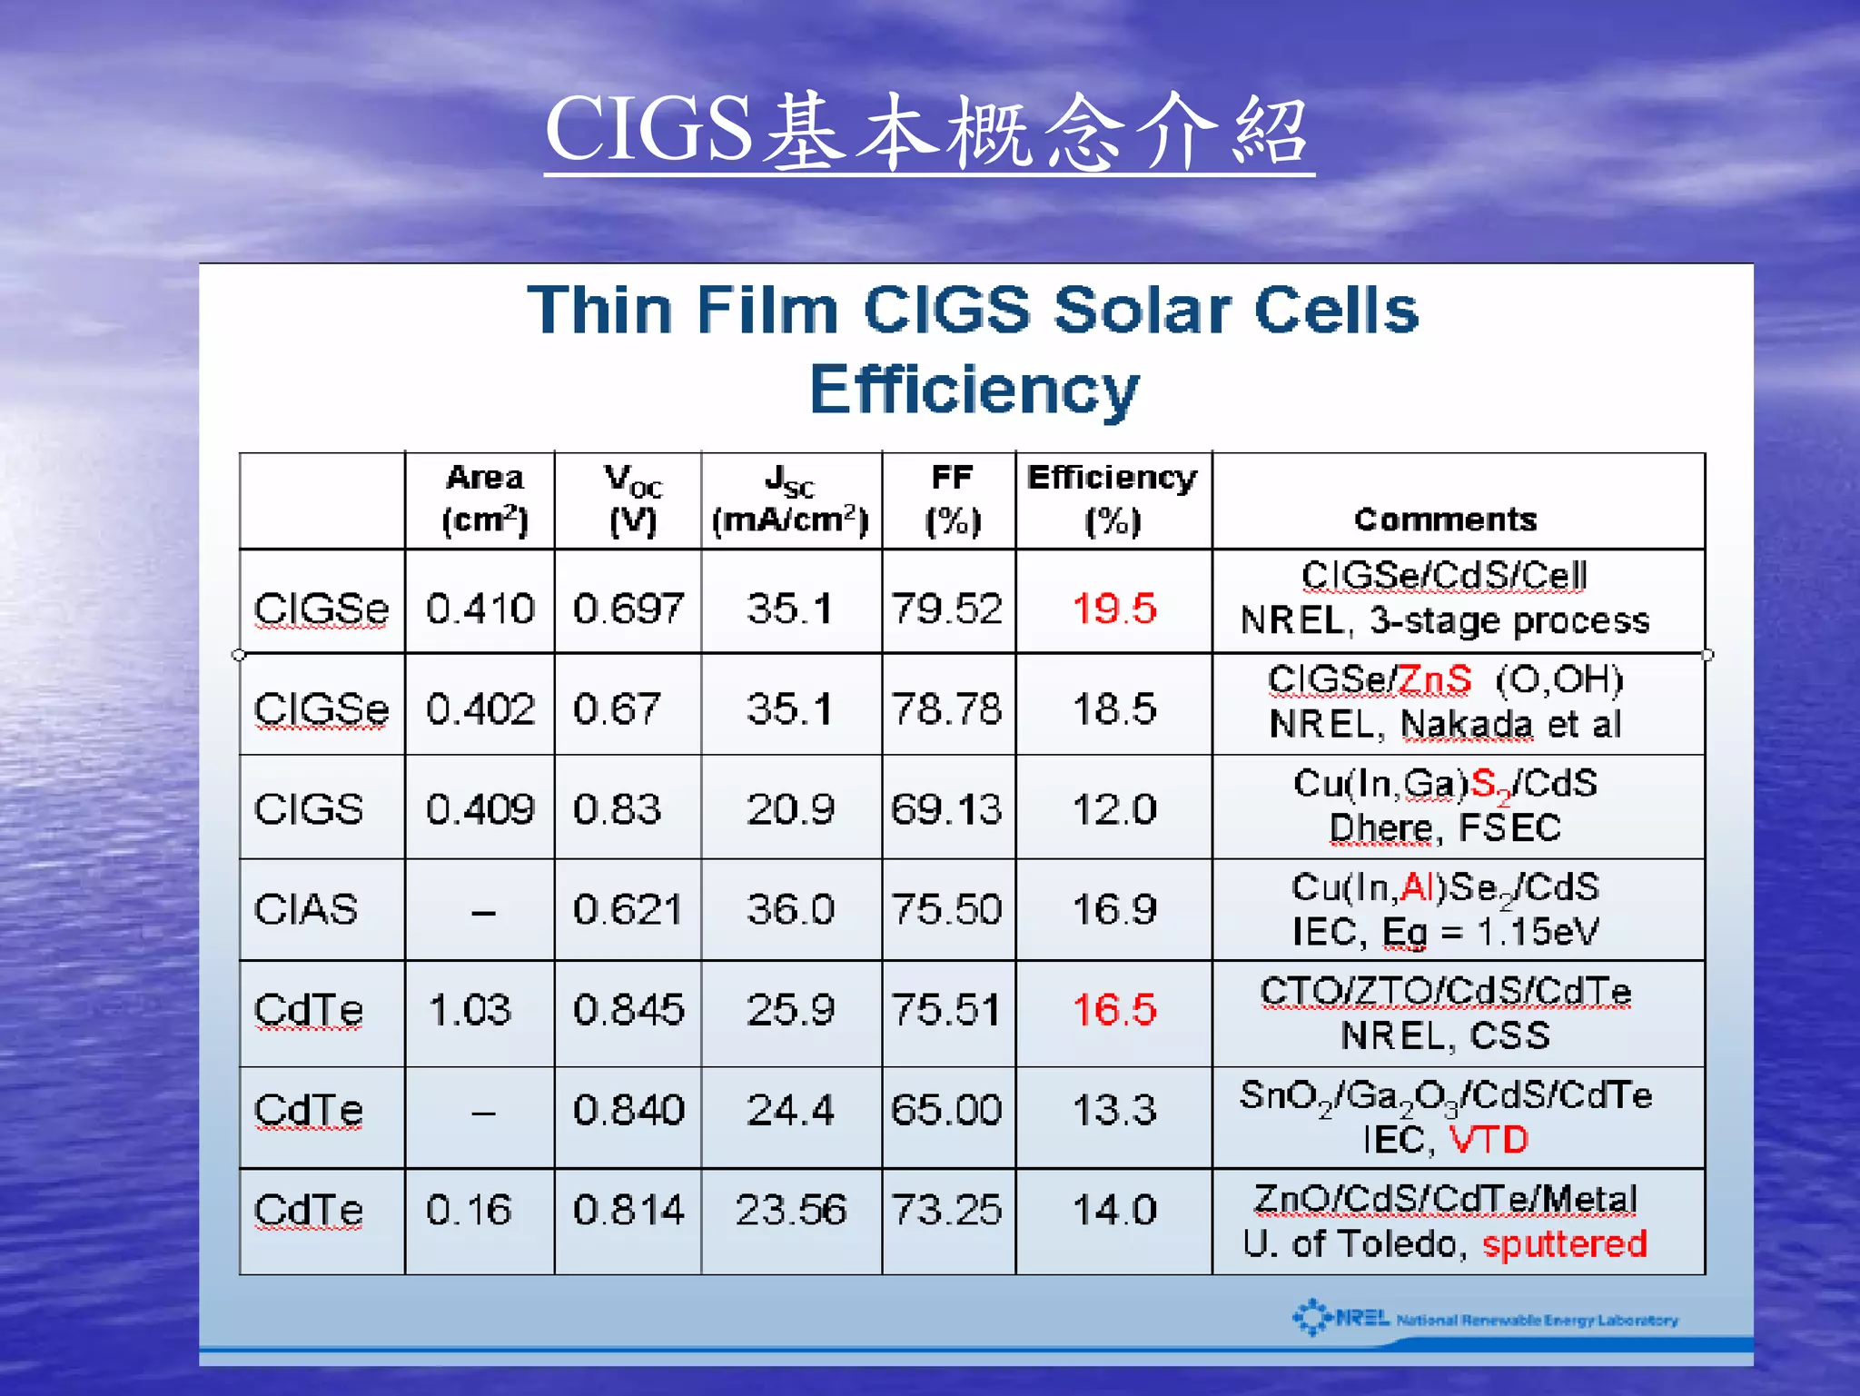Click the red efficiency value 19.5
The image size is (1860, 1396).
[x=1114, y=609]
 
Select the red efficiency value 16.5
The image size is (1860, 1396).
[x=1114, y=1010]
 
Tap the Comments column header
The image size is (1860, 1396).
[x=1445, y=520]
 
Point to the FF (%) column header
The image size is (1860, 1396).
[x=952, y=500]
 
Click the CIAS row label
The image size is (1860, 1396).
[x=306, y=909]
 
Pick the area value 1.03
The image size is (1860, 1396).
[x=470, y=1010]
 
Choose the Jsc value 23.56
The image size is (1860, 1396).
[x=790, y=1210]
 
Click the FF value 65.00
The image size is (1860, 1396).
[x=946, y=1110]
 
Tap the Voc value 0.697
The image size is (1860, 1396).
[x=628, y=609]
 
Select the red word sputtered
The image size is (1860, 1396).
[x=1564, y=1244]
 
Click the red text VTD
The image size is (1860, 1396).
[x=1489, y=1140]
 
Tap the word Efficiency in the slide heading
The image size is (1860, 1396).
[x=974, y=390]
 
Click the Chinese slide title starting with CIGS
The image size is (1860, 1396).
[x=927, y=132]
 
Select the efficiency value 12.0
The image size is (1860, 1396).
[x=1114, y=809]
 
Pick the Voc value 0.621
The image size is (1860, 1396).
[x=627, y=909]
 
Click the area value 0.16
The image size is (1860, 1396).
[x=469, y=1210]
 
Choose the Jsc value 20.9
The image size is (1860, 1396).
[x=790, y=809]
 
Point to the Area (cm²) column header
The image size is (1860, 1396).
[x=484, y=500]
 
